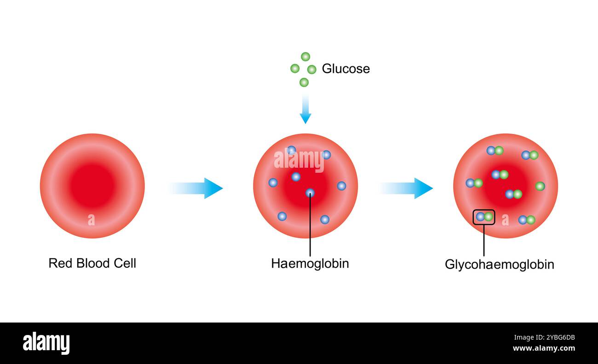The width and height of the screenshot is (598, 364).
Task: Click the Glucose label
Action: (x=345, y=69)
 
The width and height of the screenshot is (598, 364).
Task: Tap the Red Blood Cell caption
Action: (x=92, y=263)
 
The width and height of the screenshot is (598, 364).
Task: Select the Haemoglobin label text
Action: (x=310, y=263)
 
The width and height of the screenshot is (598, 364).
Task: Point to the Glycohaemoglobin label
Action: (x=499, y=264)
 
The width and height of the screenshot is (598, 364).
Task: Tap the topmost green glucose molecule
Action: (x=305, y=57)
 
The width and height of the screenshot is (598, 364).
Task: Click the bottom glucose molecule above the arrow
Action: (x=304, y=82)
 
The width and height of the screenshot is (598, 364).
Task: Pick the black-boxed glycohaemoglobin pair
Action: (x=484, y=217)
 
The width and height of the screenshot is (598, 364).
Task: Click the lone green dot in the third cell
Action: (x=540, y=186)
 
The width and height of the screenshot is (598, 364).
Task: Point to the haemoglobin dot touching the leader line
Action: (x=310, y=193)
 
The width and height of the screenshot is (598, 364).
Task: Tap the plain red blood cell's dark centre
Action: (x=92, y=186)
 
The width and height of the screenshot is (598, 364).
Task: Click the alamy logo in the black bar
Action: (x=46, y=344)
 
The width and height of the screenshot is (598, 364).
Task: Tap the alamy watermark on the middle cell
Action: (x=299, y=161)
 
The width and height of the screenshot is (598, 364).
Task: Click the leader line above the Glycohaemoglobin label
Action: (x=484, y=240)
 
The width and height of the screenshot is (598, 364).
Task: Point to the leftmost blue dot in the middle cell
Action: (x=273, y=182)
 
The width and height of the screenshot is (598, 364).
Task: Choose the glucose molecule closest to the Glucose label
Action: (x=312, y=70)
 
